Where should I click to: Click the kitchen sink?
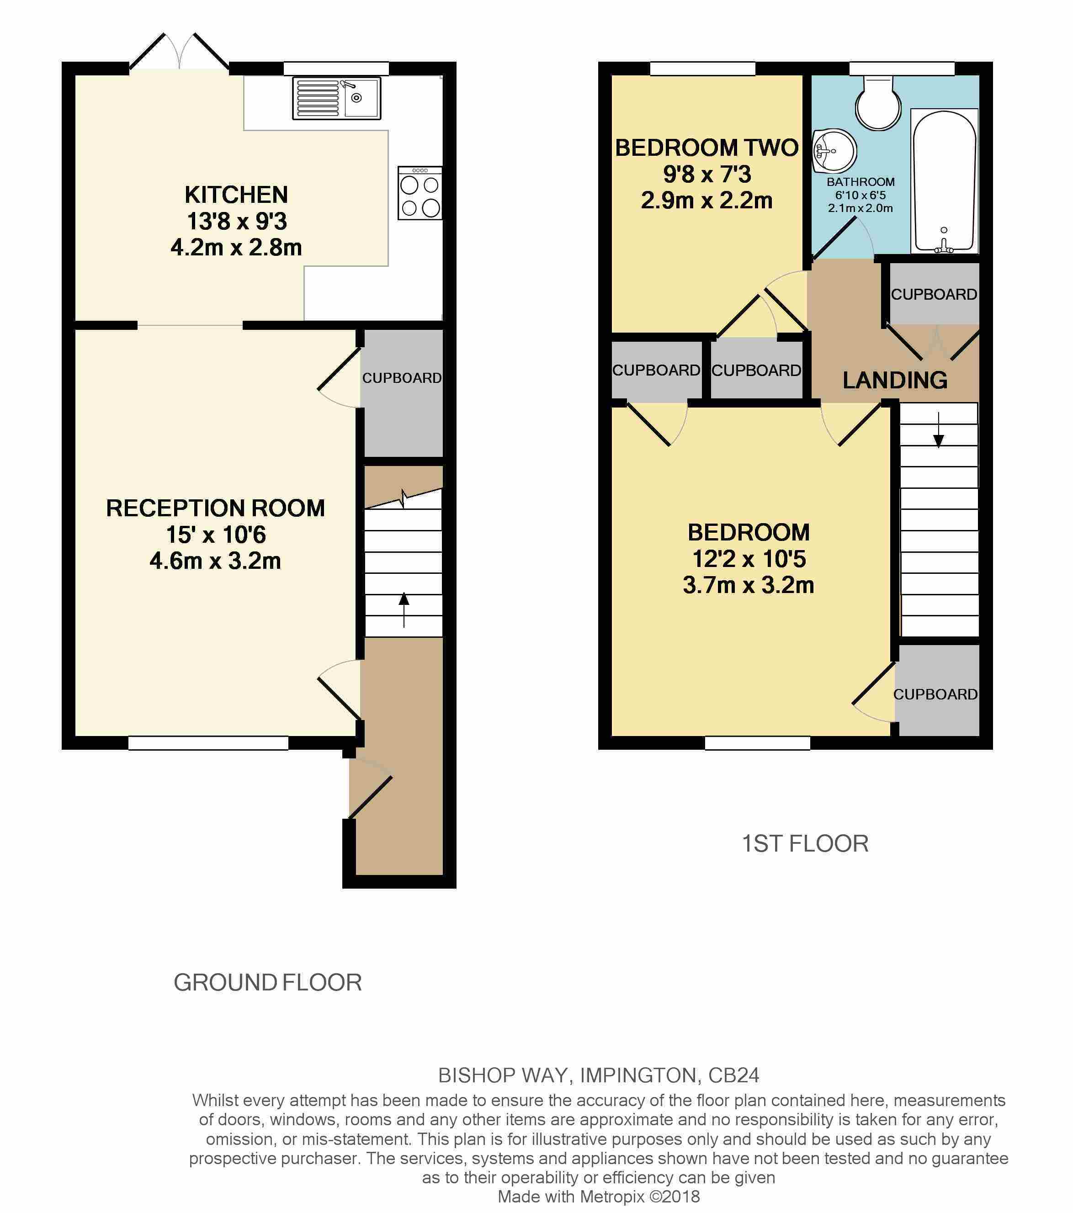(x=336, y=98)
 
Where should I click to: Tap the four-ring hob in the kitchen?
(x=420, y=193)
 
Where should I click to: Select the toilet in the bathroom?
(x=878, y=102)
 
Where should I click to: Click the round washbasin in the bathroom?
(x=834, y=151)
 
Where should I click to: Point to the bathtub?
(x=944, y=181)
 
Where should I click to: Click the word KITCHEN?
(x=236, y=195)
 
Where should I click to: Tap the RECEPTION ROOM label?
(x=215, y=508)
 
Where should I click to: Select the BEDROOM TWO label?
(x=706, y=148)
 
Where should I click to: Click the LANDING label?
(x=895, y=380)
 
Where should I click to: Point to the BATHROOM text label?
(x=861, y=181)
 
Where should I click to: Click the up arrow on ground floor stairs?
(x=404, y=609)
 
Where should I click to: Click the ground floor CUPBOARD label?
(x=402, y=378)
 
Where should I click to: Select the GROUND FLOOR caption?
(x=268, y=983)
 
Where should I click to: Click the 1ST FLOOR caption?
(x=805, y=844)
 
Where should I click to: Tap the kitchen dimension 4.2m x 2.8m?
(x=236, y=247)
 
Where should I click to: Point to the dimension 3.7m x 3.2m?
(x=749, y=585)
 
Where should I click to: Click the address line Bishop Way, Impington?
(x=599, y=1075)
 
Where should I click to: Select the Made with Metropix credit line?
(x=599, y=1197)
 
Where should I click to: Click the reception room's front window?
(x=208, y=742)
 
